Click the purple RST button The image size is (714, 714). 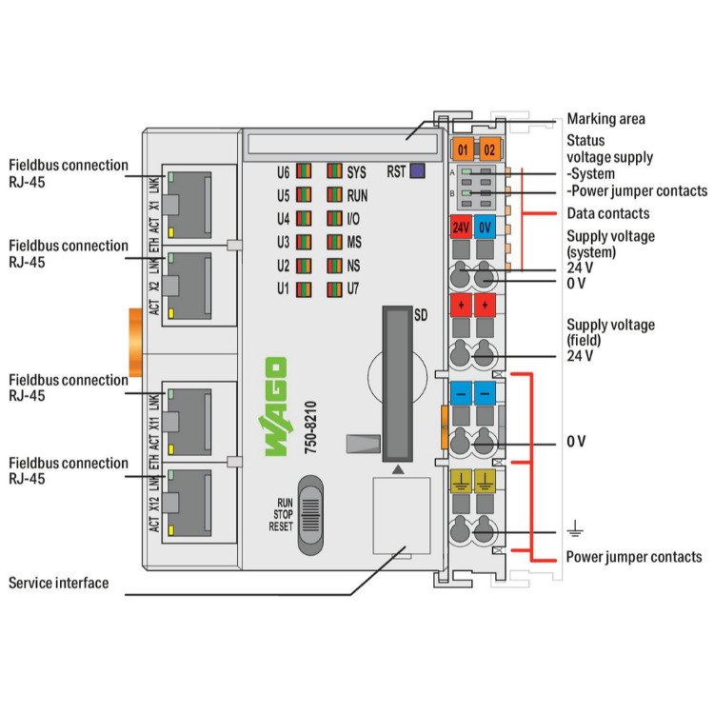(417, 172)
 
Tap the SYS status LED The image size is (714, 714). (334, 172)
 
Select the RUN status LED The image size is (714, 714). (334, 195)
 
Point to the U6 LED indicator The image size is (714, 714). (303, 172)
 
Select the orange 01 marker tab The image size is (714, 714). (463, 150)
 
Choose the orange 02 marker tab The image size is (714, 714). (487, 150)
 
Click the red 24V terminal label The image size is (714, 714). (461, 228)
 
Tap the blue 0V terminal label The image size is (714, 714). (485, 228)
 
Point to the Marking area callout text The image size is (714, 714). (605, 120)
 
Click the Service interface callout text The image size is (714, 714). (59, 583)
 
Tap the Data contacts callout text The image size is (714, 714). (607, 213)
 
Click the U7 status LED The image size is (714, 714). (334, 288)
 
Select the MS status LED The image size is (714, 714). (334, 242)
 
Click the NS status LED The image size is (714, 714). (334, 265)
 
